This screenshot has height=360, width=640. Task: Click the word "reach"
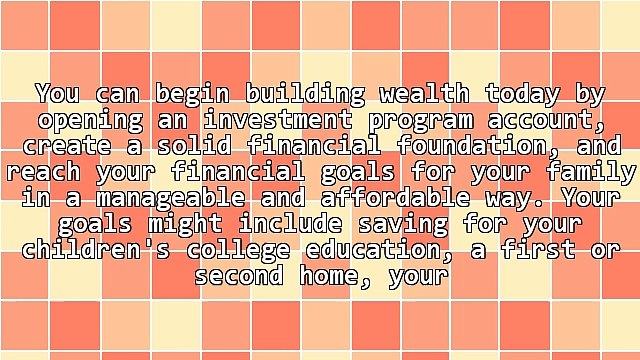(x=40, y=172)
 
